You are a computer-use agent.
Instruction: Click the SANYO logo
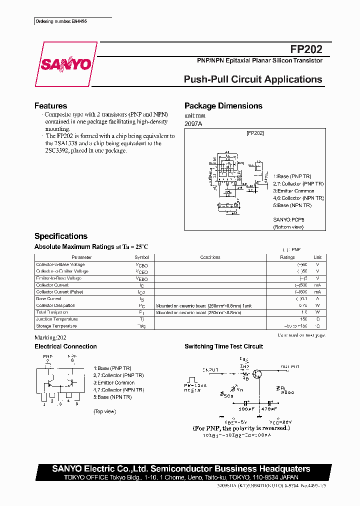65,64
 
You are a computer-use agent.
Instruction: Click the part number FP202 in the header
306,49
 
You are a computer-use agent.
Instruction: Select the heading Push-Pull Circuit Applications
253,79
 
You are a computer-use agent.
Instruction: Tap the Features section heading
50,106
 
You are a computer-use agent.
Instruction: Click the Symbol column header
141,257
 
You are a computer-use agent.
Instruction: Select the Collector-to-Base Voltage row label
60,264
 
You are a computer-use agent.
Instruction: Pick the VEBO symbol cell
141,278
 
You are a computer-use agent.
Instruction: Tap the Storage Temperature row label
56,326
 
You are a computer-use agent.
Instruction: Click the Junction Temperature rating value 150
303,319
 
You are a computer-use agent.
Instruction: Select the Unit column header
317,257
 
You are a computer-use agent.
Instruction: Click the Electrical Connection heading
65,346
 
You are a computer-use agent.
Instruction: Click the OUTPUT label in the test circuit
290,366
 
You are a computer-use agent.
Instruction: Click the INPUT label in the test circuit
210,369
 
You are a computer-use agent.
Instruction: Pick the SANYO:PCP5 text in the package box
288,219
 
